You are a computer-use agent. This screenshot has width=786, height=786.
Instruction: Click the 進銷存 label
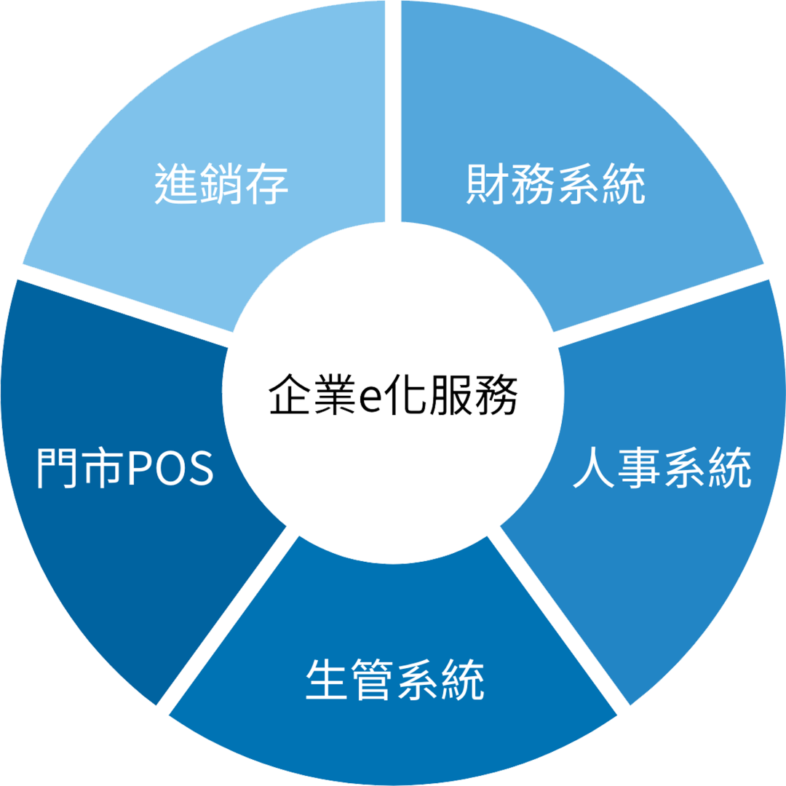point(222,185)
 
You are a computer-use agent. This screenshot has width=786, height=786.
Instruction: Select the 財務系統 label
point(555,185)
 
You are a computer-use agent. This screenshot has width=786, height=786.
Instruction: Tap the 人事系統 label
point(662,468)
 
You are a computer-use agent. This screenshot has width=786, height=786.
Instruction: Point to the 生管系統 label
point(394,680)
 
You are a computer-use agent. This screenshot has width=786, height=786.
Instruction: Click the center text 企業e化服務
point(393,396)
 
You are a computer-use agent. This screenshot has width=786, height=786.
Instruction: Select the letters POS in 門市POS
point(170,468)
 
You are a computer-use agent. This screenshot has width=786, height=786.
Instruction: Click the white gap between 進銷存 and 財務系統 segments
point(393,109)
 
